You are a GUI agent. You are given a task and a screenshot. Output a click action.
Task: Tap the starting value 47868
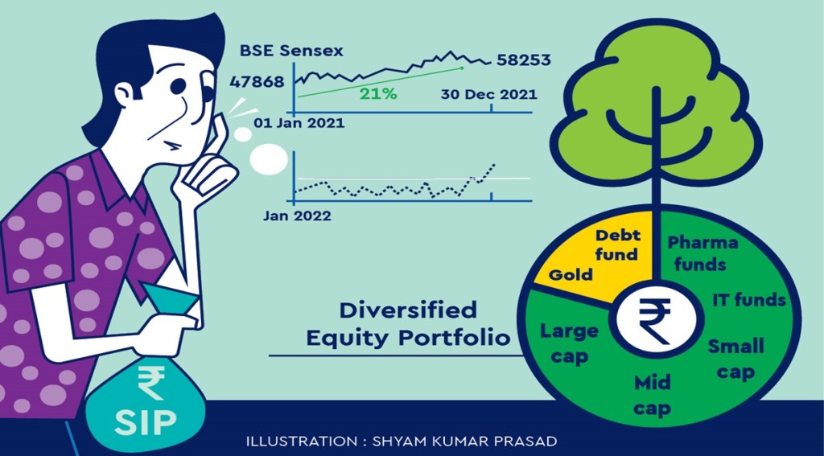click(257, 82)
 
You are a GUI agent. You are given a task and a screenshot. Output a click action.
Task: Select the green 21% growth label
click(378, 95)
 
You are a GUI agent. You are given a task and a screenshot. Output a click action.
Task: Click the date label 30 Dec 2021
click(488, 95)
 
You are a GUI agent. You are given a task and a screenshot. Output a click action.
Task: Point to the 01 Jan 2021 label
click(299, 124)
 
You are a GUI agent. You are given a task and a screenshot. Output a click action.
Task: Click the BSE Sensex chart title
click(291, 51)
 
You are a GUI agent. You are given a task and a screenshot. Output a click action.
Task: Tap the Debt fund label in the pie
click(616, 245)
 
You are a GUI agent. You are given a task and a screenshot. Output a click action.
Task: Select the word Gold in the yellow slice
click(571, 274)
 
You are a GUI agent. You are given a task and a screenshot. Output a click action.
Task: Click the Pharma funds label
click(702, 253)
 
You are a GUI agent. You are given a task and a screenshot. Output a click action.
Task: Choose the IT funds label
click(749, 301)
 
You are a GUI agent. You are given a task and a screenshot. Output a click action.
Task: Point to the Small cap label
click(735, 359)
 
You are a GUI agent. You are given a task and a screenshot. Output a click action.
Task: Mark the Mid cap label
click(652, 396)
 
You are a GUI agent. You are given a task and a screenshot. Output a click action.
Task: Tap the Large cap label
click(569, 344)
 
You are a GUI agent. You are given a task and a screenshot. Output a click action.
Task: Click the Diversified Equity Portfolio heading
click(408, 323)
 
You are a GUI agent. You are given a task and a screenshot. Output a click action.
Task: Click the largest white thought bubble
click(269, 160)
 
